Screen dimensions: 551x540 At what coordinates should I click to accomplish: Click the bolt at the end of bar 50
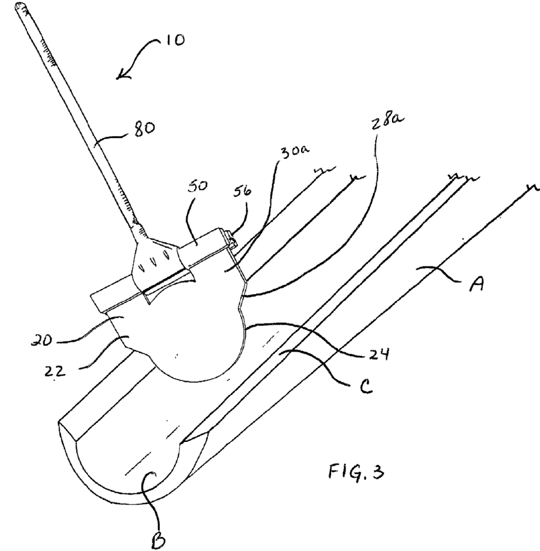point(230,238)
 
